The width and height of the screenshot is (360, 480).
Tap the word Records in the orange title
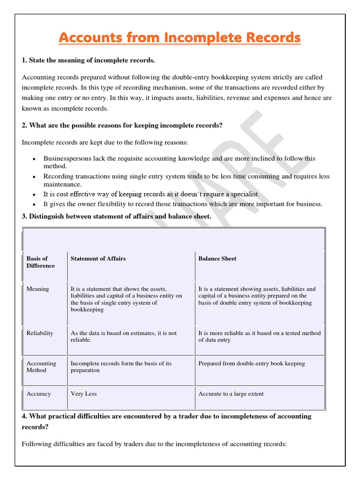point(272,38)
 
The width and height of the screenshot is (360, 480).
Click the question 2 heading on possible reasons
point(122,125)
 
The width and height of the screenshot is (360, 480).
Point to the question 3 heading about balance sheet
point(116,216)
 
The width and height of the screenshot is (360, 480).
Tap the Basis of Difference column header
point(40,262)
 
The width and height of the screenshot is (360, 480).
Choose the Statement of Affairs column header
point(98,258)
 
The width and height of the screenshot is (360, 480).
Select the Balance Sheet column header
point(217,258)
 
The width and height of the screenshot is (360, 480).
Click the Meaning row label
point(37,289)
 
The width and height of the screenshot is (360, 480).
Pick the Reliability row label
point(40,333)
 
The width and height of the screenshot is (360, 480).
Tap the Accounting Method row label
point(41,367)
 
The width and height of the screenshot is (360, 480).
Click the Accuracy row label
point(38,394)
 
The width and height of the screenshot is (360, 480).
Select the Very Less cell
point(83,394)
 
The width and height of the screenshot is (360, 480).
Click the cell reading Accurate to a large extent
point(231,394)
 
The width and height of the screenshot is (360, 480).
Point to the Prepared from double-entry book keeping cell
point(251,363)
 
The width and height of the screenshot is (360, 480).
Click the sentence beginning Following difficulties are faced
point(154,443)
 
